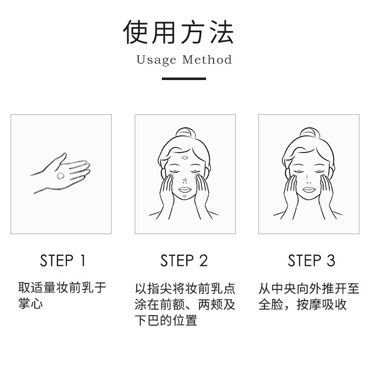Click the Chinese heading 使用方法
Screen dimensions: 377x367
coord(178,32)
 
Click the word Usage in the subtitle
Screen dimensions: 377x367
coord(156,60)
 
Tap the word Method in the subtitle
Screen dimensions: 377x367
coord(207,59)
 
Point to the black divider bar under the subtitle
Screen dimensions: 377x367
coord(184,79)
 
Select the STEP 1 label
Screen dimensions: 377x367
coord(62,261)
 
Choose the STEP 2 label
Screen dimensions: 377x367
coord(184,261)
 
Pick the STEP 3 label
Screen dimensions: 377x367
coord(311,261)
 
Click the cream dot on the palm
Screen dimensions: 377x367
coord(61,176)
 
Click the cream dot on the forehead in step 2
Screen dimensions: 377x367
coord(185,158)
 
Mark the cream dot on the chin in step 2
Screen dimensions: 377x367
coord(184,196)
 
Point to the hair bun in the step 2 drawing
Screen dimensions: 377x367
coord(185,133)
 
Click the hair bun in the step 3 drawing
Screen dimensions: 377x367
coord(309,133)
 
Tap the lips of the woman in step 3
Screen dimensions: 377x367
coord(309,190)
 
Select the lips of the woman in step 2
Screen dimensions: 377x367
coord(185,190)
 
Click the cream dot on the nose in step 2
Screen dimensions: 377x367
coord(184,180)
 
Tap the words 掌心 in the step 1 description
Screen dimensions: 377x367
coord(31,304)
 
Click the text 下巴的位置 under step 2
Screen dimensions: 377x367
coord(166,320)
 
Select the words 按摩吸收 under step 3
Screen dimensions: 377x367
coord(322,305)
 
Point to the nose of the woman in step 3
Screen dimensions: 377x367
coord(309,179)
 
